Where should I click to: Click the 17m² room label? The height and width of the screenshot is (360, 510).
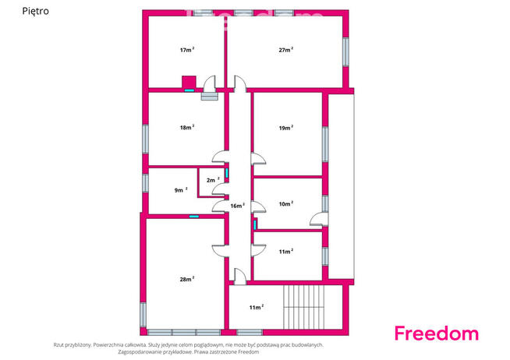pos(187,50)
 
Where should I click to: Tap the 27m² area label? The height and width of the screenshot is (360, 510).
pos(286,50)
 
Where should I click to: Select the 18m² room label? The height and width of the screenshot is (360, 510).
pos(187,127)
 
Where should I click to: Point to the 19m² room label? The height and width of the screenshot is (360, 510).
pos(286,128)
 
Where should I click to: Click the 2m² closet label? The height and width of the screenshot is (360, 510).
pos(213,180)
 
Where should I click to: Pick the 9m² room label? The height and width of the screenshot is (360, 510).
pos(181,190)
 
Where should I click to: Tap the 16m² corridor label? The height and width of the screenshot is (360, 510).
pos(237,206)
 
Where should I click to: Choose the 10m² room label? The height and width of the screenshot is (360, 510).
pos(286,203)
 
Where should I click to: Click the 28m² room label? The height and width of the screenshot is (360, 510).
pos(187,279)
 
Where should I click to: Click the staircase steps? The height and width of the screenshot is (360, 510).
pos(304,307)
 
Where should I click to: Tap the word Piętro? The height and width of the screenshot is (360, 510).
pos(35,11)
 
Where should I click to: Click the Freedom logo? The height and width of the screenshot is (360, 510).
pos(437,334)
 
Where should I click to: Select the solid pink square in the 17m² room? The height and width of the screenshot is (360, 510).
pos(189,82)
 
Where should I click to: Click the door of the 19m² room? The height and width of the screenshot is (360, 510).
pos(258,159)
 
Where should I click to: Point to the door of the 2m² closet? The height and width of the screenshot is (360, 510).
pos(220,189)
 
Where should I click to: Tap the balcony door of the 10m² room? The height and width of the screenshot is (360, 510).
pos(319,219)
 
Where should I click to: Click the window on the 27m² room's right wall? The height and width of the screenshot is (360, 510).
pos(345,52)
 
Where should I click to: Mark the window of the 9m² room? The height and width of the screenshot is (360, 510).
pos(145,183)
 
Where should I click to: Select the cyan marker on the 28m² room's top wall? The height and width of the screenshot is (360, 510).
pos(194,217)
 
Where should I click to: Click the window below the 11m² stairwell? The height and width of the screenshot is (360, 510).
pos(249,333)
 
